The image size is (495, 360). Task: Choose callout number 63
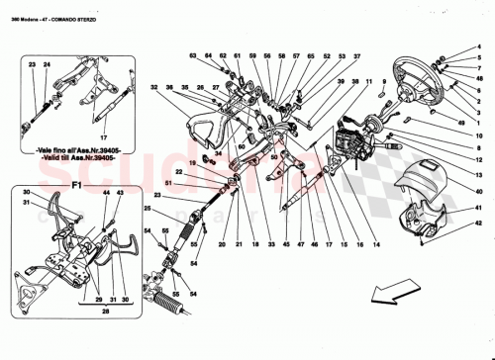pos(194,56)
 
